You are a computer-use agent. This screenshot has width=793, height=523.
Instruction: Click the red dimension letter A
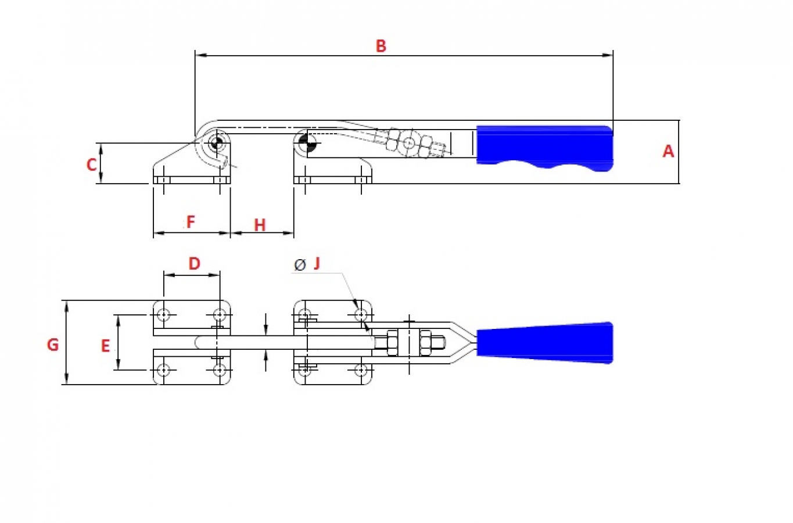pos(668,151)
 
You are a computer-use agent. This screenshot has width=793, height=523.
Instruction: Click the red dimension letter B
pos(381,46)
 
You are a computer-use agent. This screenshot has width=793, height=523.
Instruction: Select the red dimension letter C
pos(92,164)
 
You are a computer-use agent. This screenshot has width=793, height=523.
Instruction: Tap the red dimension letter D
pos(194,263)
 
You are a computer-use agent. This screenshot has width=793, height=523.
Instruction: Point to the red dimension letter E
pos(106,346)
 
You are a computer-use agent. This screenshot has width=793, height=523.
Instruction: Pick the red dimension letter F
pos(191,222)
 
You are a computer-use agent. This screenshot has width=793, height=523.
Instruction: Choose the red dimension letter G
pos(53,345)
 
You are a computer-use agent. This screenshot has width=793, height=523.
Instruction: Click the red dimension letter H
pos(260,225)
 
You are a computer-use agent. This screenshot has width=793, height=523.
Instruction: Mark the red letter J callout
pos(317,263)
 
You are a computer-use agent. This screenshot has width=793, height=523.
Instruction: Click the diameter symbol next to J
pos(300,264)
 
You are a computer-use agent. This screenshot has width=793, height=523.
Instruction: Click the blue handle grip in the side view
pos(544,148)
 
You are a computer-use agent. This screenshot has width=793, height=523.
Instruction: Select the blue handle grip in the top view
pos(544,342)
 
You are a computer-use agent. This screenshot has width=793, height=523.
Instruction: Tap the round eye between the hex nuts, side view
pos(409,143)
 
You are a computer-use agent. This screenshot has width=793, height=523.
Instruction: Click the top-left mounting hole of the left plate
pos(163,314)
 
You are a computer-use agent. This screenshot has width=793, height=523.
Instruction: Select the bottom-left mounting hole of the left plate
pos(163,370)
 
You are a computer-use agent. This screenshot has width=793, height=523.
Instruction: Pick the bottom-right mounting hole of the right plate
pos(361,370)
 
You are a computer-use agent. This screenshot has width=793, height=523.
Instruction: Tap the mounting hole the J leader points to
pos(361,314)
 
